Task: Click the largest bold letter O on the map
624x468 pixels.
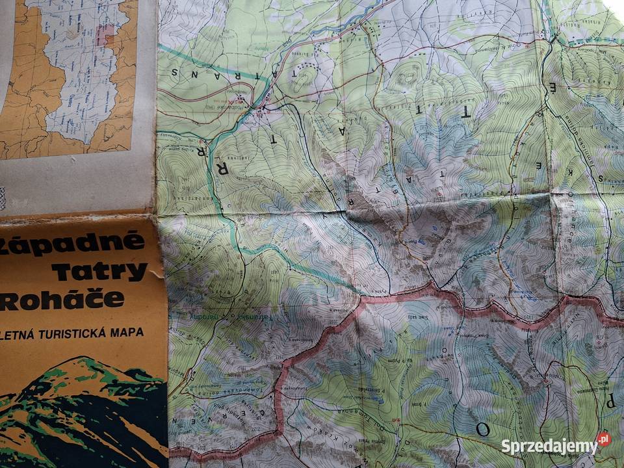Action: click(482, 430)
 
